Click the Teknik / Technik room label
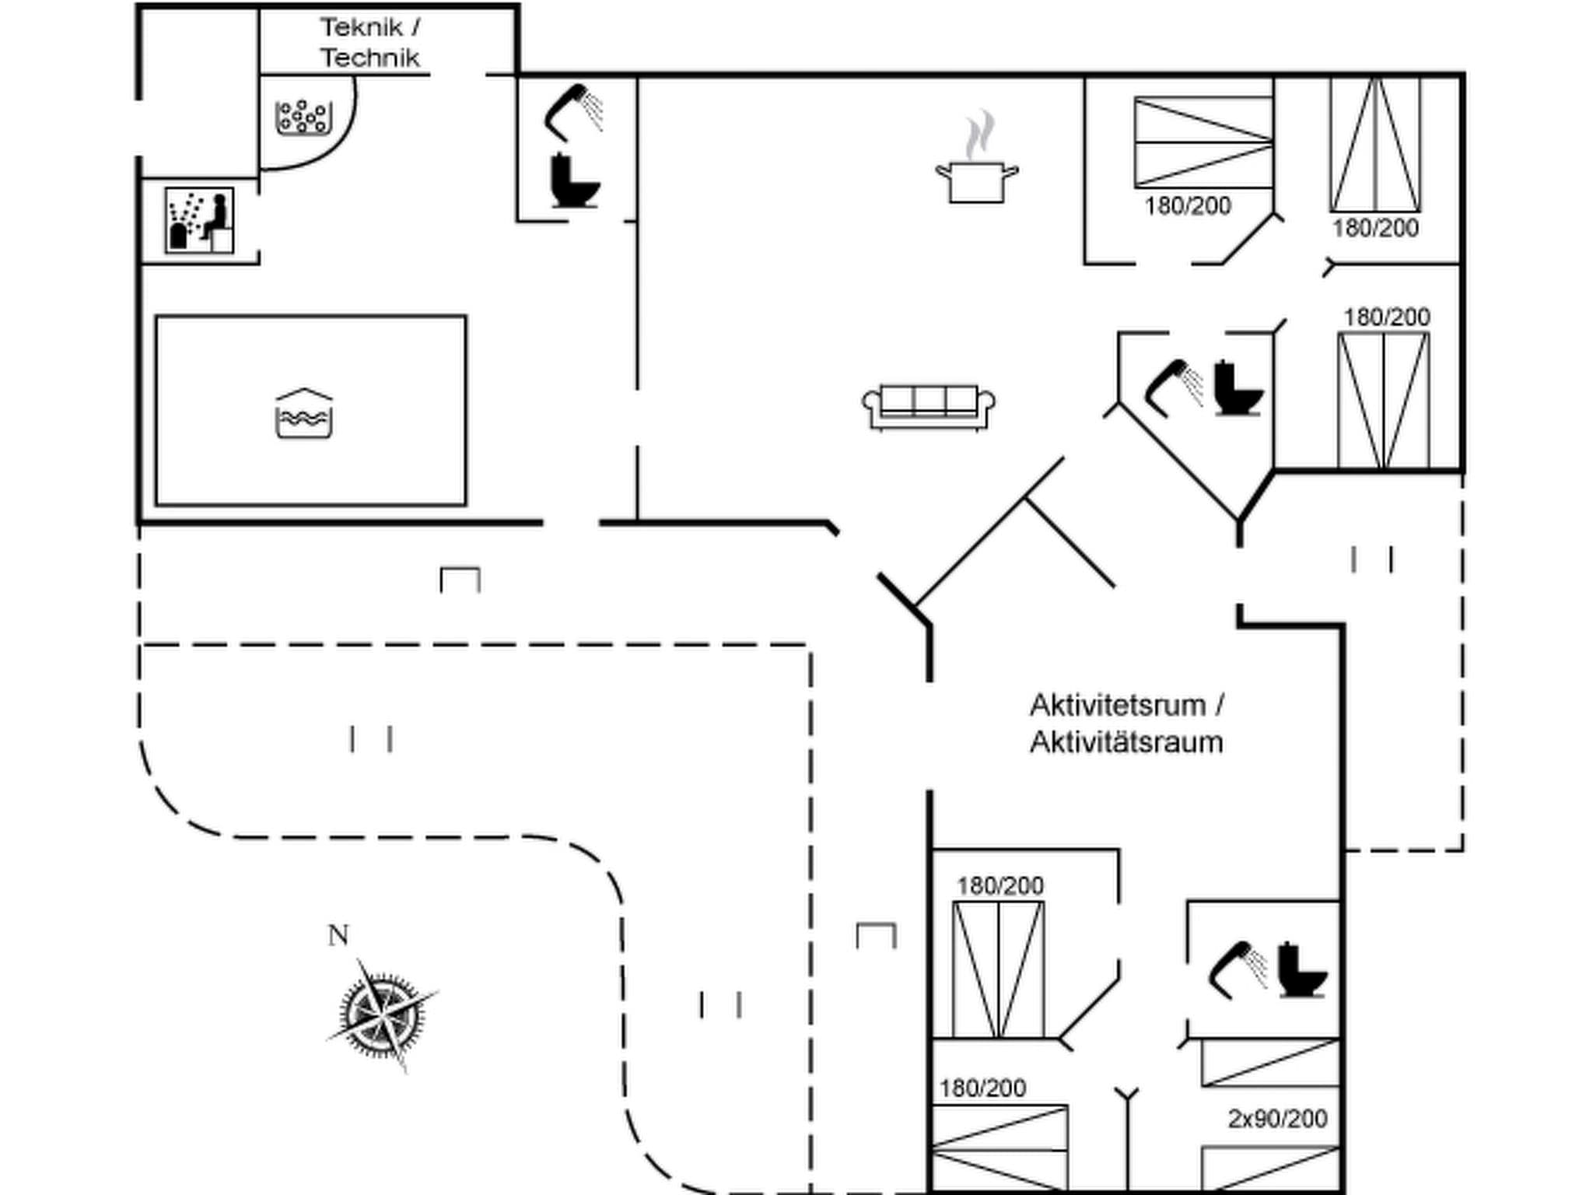(x=370, y=43)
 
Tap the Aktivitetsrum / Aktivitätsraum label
(x=1126, y=724)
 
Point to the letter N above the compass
(x=338, y=935)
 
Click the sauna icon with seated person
(x=200, y=220)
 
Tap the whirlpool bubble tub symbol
(x=303, y=117)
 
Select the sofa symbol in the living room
(x=929, y=406)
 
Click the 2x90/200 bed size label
(x=1277, y=1118)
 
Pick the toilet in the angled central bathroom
(x=1237, y=388)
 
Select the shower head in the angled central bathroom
(x=1173, y=386)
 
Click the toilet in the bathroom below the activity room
(x=1301, y=971)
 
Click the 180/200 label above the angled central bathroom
(x=1386, y=317)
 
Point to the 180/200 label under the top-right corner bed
(x=1375, y=229)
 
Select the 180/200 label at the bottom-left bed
(x=982, y=1088)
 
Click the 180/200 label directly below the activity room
(x=1000, y=885)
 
